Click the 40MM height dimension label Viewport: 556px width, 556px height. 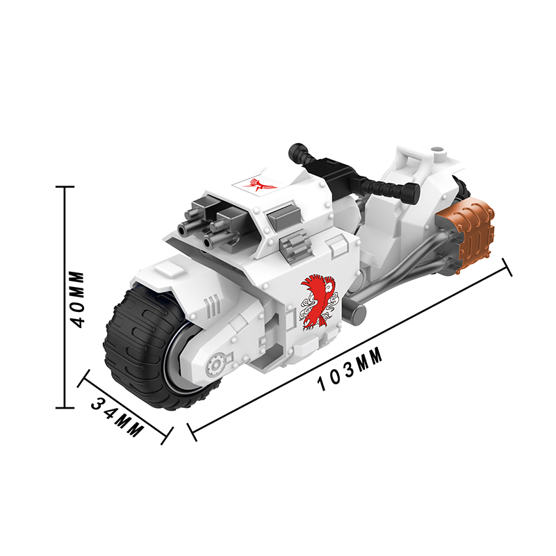pos(77,300)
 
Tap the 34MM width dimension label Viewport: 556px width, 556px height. pos(117,416)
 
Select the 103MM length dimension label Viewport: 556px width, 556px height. pos(350,369)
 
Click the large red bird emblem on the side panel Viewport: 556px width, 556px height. pos(318,301)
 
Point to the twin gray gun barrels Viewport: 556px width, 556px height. pos(206,224)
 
